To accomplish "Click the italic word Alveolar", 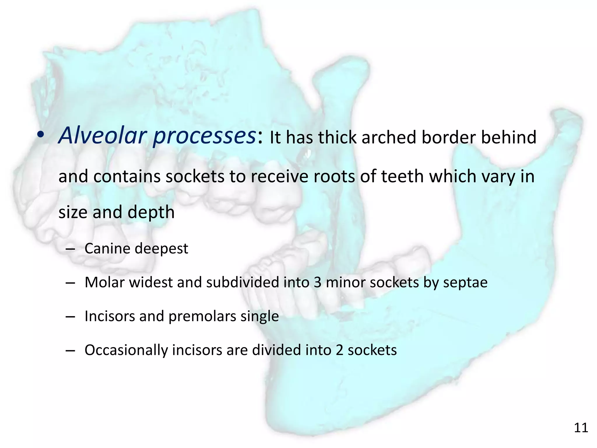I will (102, 136).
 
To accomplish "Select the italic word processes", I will (204, 136).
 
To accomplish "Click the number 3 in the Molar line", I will (317, 282).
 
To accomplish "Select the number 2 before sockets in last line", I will (339, 350).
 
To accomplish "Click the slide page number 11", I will (581, 428).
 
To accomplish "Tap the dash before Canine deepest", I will (70, 250).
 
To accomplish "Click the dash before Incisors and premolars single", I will (70, 317).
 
